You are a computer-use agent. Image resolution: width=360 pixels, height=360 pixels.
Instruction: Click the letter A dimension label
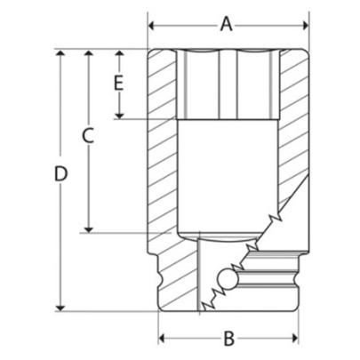(226, 23)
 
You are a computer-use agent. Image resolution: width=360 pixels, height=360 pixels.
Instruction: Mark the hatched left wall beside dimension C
(161, 151)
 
